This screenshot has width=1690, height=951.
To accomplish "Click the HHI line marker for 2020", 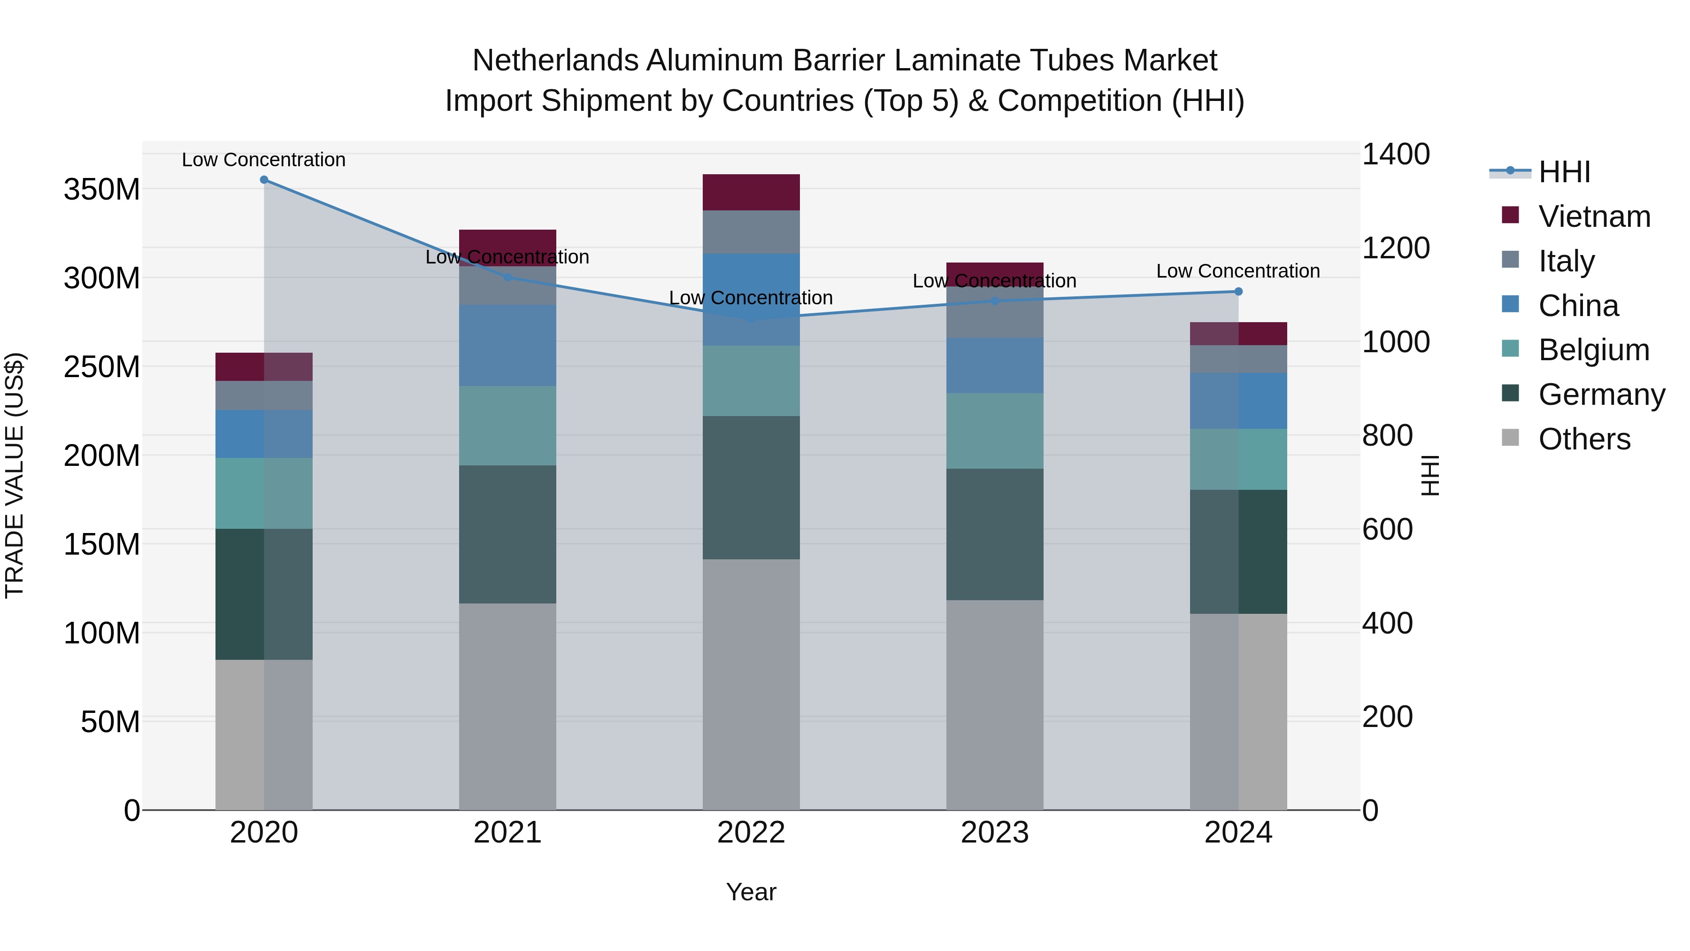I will click(264, 179).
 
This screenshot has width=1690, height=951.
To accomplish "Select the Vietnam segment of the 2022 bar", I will click(751, 192).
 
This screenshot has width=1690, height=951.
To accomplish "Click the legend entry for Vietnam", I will click(1594, 216).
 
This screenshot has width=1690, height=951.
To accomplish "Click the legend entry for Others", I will click(1584, 439).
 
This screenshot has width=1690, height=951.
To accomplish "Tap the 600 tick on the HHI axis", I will click(1387, 529).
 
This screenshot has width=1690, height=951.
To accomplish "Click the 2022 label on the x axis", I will click(751, 832).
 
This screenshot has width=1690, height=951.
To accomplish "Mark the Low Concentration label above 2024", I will click(1237, 271).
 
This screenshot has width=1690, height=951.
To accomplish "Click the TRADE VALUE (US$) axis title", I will click(15, 475).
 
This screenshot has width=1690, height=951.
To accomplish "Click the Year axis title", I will click(751, 892).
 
